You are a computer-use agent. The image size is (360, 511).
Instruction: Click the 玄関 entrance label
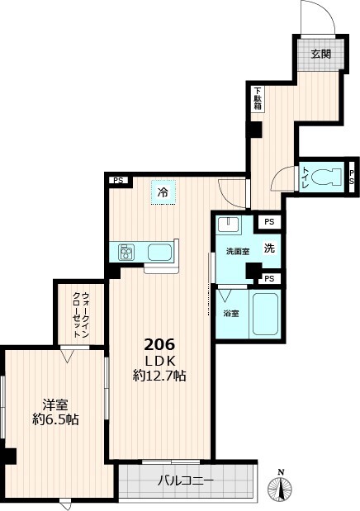tap(320, 54)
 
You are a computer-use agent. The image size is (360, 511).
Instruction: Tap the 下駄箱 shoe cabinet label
tap(258, 99)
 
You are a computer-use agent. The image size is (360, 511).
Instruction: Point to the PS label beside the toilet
tap(353, 175)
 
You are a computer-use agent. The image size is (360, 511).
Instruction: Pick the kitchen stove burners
tap(127, 251)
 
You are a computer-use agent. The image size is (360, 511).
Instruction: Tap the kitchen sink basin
tap(160, 251)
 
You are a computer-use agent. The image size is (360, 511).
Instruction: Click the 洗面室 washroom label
tap(235, 251)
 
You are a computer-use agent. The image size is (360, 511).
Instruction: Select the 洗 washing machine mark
tap(269, 247)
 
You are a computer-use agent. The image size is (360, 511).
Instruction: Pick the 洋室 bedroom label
tap(55, 405)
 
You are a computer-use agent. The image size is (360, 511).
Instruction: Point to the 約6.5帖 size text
tap(55, 419)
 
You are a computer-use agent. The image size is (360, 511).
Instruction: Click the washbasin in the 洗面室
tap(230, 225)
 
